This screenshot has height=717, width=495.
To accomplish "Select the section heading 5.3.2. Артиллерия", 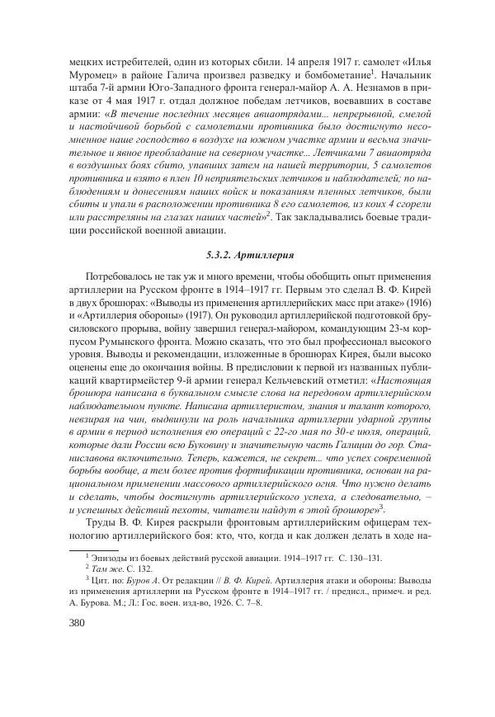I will click(x=247, y=257).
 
